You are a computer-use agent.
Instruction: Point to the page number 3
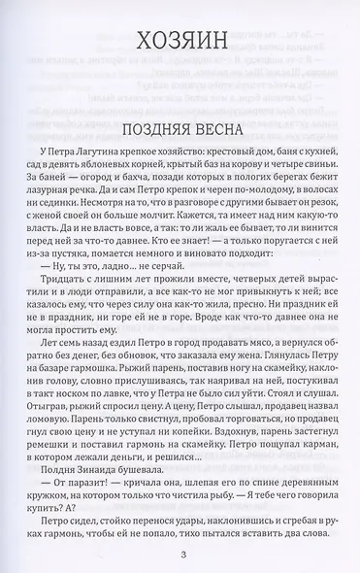181,554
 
